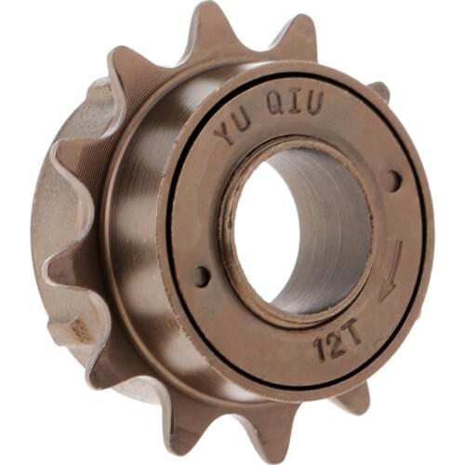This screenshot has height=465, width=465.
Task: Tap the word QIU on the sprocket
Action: pos(294,105)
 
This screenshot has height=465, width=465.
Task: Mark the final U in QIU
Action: pos(313,104)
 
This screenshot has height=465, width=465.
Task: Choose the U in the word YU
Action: pos(246,124)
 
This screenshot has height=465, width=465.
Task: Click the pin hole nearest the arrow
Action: pos(394,180)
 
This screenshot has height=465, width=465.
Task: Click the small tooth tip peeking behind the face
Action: pos(379,90)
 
